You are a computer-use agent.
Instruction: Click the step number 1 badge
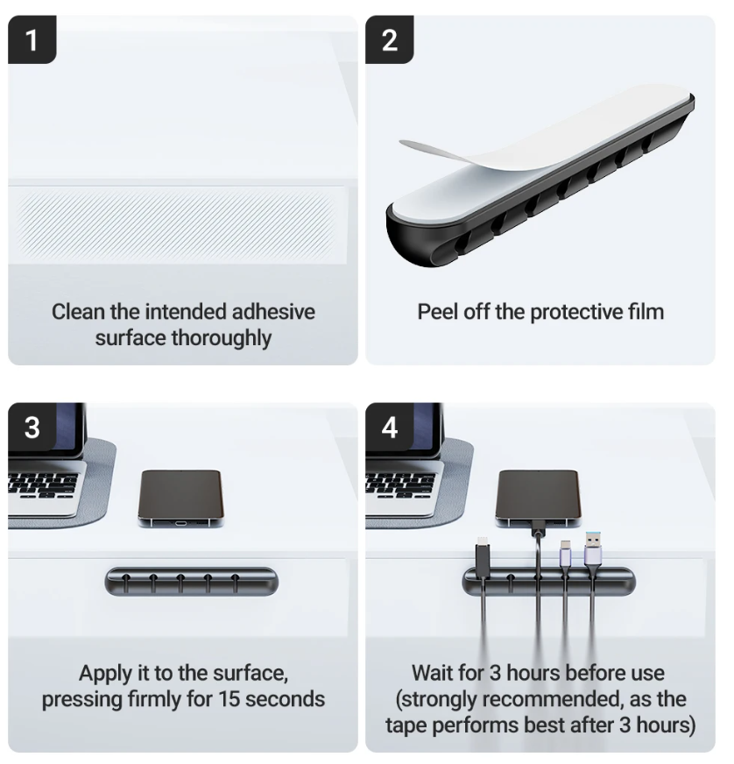[32, 39]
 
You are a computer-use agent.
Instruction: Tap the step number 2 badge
[390, 39]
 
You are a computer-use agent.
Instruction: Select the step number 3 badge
[32, 428]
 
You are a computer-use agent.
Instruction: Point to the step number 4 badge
[390, 428]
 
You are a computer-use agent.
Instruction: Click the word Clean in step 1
[79, 312]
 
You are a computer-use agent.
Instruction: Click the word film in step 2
[646, 312]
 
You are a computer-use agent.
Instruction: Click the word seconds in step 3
[285, 699]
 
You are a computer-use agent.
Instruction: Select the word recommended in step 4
[553, 699]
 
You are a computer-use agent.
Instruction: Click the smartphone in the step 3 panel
[180, 499]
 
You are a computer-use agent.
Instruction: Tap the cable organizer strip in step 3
[192, 581]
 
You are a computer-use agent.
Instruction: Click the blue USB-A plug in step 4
[593, 548]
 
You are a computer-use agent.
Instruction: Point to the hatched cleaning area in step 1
[176, 225]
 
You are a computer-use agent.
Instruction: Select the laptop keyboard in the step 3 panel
[43, 485]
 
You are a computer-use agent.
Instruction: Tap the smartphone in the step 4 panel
[538, 499]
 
